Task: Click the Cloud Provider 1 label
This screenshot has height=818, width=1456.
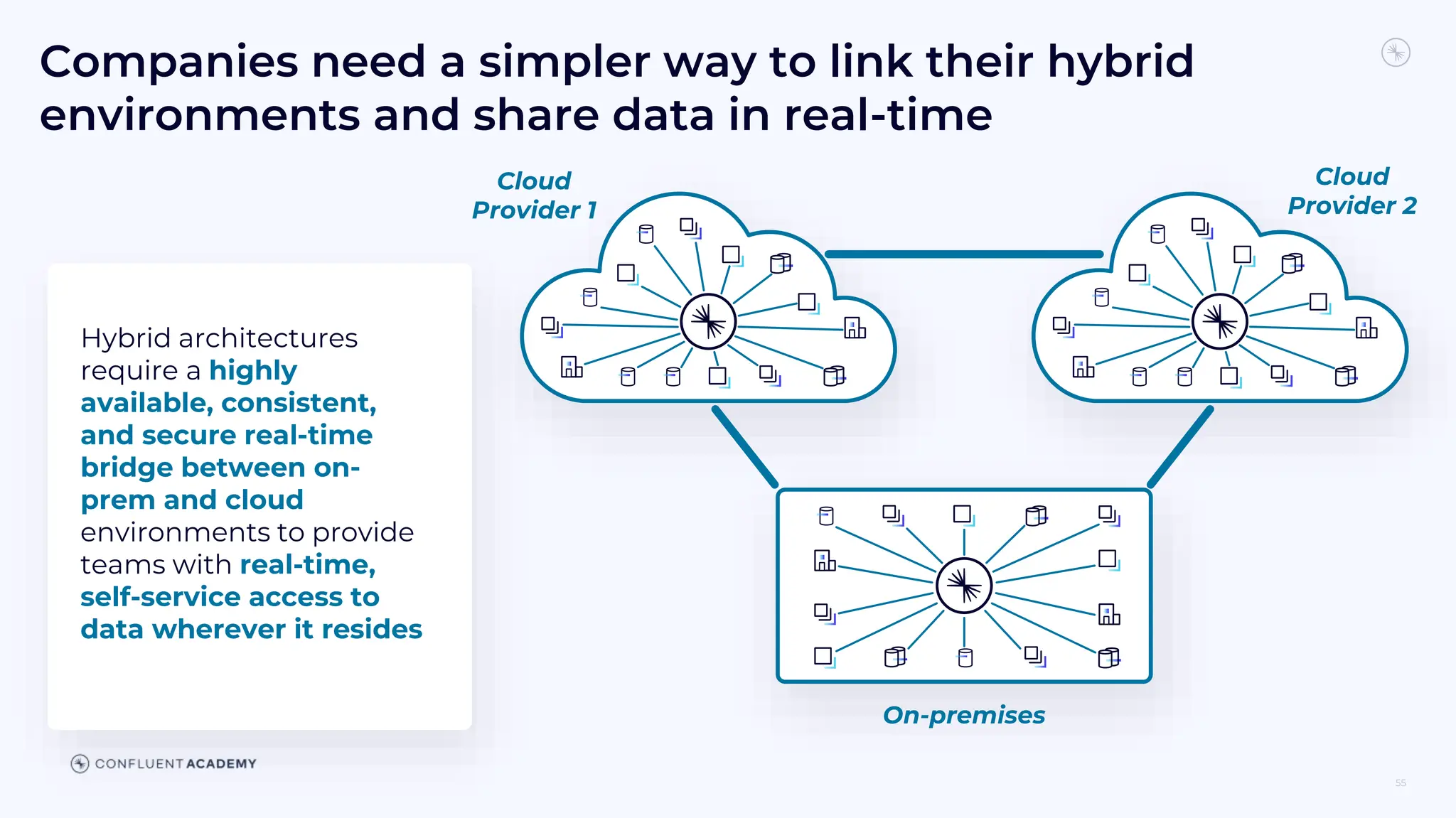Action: coord(534,195)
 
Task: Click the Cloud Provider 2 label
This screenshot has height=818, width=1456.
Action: coord(1351,191)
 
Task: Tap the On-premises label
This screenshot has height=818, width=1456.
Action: coord(963,715)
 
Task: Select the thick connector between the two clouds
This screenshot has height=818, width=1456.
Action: coord(963,254)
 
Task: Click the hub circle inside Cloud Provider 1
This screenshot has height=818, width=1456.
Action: coord(708,321)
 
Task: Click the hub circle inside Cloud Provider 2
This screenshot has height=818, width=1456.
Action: coord(1219,321)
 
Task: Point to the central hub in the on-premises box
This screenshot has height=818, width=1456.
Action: coord(963,586)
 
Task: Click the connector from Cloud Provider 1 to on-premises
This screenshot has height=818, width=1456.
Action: coord(744,447)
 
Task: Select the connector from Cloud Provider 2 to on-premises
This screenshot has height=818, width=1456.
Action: coord(1181,447)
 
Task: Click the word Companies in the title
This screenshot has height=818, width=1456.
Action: coord(168,62)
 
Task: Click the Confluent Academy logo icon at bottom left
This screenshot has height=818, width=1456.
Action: coord(80,763)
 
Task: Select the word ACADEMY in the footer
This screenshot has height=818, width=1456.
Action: coord(221,764)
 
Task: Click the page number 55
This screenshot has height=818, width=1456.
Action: coord(1400,782)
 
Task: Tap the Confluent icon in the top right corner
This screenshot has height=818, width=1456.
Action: coord(1396,53)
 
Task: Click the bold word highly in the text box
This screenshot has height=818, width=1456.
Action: coord(253,371)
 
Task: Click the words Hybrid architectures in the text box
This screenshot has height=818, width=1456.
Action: coord(219,338)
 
